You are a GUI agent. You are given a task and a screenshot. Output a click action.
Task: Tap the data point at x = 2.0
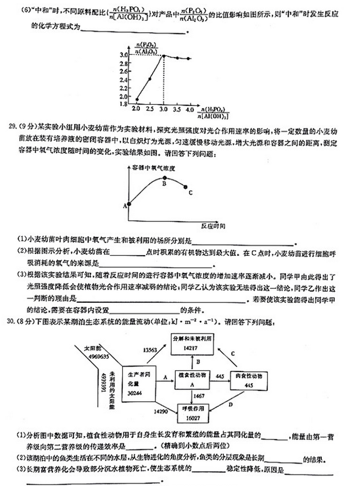(x=137, y=100)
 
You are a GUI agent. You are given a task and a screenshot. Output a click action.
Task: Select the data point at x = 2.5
(x=150, y=79)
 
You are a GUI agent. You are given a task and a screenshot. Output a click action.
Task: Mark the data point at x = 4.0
(x=189, y=59)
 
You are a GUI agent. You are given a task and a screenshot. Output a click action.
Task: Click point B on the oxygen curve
(x=164, y=178)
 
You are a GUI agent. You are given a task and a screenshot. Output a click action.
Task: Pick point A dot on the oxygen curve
(x=129, y=204)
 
